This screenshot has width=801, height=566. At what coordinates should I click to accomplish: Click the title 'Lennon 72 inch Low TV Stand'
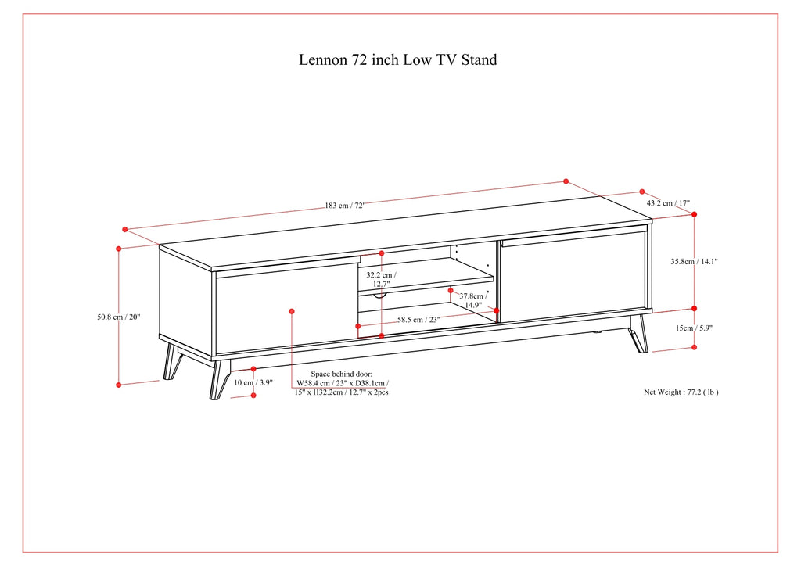pos(397,59)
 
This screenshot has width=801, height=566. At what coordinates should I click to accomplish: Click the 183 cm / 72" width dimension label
pos(345,206)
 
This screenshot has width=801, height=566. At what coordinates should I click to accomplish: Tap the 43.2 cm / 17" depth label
pos(668,203)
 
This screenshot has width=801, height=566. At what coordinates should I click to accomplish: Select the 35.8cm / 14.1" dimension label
pos(694,263)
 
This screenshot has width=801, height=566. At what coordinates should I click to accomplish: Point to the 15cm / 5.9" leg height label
pos(694,328)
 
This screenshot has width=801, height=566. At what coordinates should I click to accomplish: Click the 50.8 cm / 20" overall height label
pos(119,317)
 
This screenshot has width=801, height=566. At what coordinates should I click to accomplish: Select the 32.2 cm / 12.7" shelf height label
pos(381,279)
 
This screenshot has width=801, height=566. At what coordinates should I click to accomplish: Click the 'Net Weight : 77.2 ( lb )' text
pos(681,392)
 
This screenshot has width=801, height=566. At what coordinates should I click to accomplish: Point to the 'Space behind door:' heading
pos(342,374)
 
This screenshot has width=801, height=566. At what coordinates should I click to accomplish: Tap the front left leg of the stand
pos(218,379)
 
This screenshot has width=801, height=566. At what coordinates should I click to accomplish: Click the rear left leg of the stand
pos(171,362)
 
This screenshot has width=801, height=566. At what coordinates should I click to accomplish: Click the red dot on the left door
pos(292,311)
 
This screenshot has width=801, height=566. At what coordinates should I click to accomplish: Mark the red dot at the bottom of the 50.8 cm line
pos(119,385)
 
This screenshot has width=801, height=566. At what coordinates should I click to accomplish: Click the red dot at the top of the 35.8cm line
pos(694,213)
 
